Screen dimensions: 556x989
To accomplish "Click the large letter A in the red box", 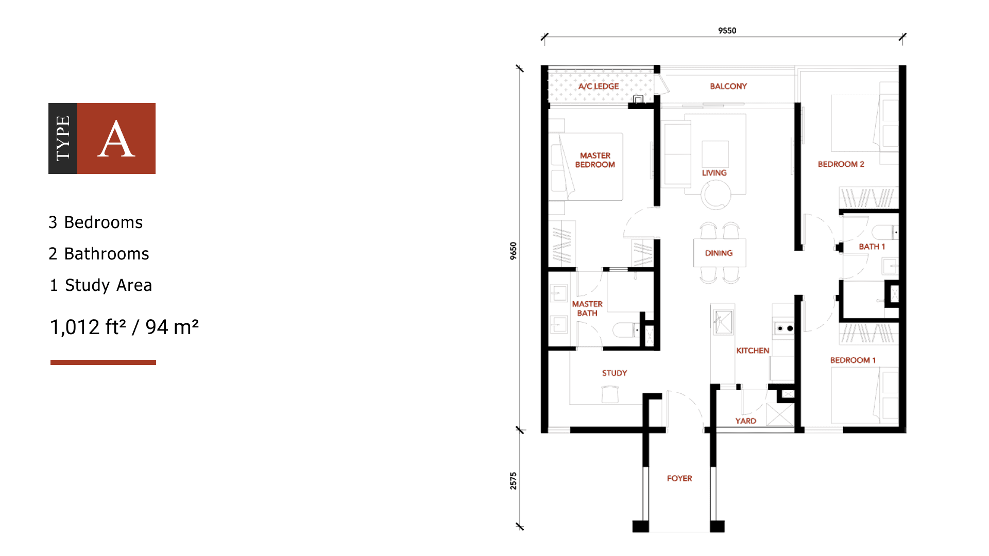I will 116,139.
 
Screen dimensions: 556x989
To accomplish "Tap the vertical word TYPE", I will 63,138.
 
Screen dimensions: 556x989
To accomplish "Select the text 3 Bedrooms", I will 95,222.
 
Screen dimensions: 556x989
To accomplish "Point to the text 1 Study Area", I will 100,285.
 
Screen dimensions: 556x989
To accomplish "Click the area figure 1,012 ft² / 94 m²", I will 124,327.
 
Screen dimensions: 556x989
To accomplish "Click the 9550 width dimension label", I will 727,31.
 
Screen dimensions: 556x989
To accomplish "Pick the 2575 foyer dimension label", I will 513,480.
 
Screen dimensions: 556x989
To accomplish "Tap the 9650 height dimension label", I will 513,251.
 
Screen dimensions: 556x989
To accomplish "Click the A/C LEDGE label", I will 598,86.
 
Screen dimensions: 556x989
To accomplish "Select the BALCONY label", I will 728,86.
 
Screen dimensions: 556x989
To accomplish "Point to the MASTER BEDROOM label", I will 595,160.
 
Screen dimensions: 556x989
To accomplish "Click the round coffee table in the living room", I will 715,196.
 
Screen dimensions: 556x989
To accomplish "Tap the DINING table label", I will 719,253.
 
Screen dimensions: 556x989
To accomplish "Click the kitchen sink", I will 723,323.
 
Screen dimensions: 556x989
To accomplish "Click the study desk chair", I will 610,394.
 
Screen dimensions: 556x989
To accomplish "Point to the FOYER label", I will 679,479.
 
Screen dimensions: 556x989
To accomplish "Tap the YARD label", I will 745,421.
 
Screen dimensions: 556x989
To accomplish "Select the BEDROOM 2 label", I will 841,164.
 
